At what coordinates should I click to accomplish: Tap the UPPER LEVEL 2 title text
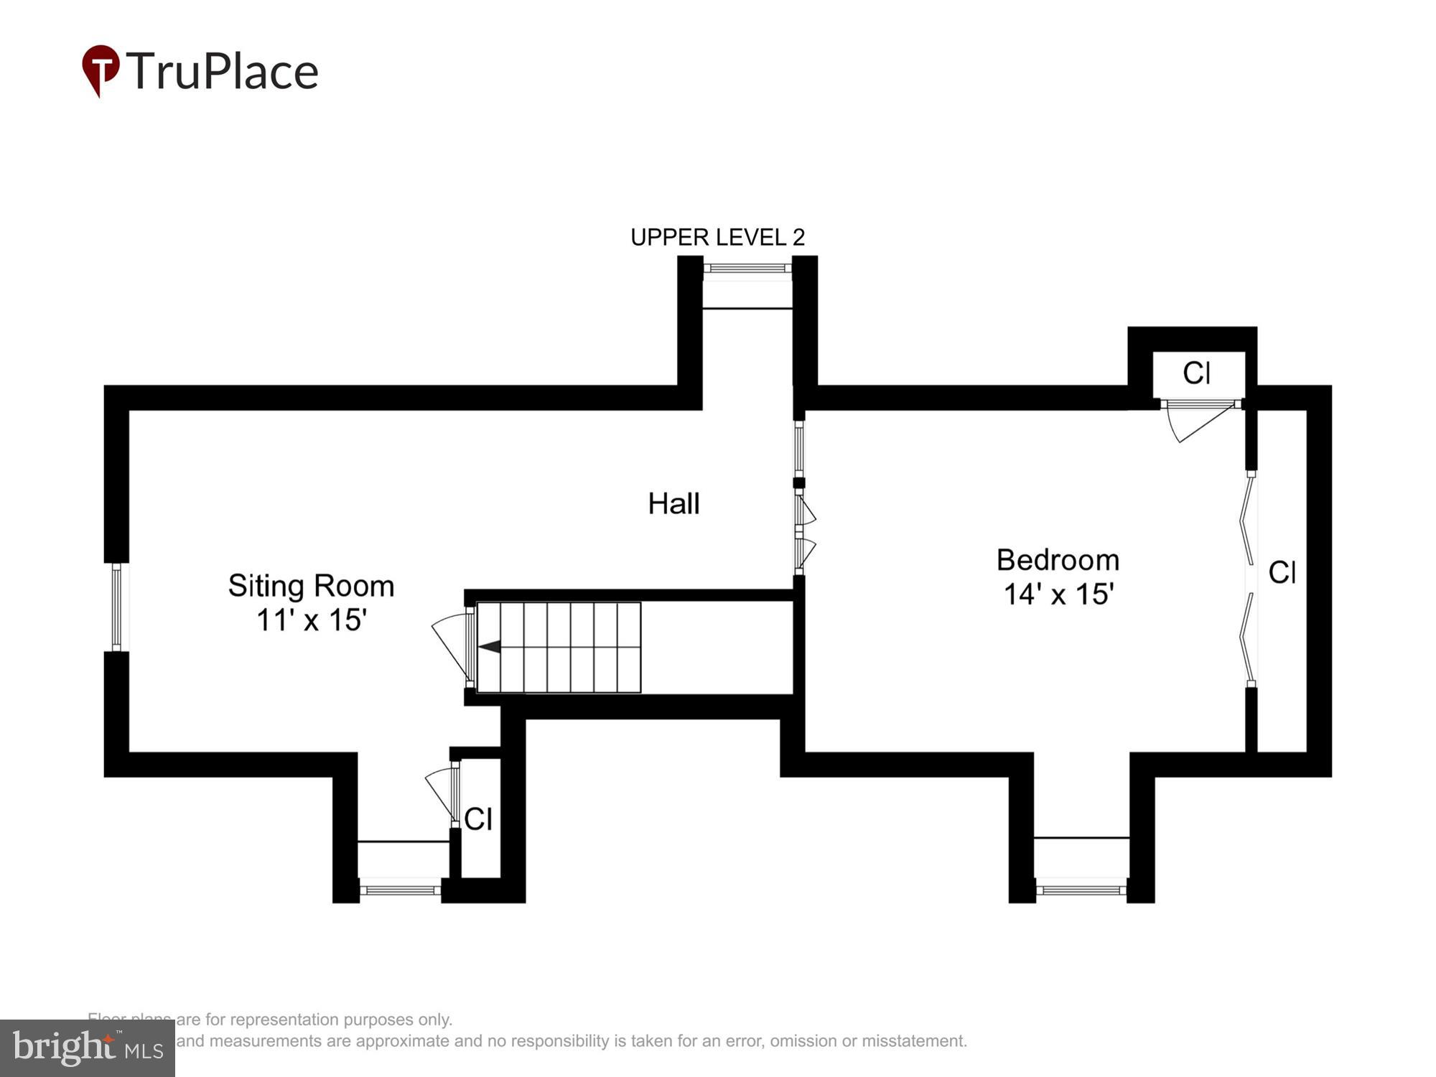[x=717, y=237]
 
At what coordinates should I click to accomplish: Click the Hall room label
[x=673, y=503]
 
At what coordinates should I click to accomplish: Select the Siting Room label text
[x=311, y=586]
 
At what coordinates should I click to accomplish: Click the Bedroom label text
[x=1058, y=560]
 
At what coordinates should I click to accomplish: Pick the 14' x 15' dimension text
[x=1058, y=595]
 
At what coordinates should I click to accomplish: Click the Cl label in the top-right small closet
[x=1196, y=373]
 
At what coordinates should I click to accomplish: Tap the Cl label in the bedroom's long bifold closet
[x=1282, y=573]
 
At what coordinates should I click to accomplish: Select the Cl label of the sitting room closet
[x=478, y=819]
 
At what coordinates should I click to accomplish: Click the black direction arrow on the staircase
[x=490, y=647]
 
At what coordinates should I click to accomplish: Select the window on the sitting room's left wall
[x=116, y=607]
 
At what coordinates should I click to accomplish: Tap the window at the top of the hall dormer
[x=747, y=269]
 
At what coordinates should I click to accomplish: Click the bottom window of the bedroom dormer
[x=1081, y=890]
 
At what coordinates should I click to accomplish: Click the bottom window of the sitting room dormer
[x=400, y=890]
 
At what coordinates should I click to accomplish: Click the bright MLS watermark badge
[x=88, y=1048]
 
